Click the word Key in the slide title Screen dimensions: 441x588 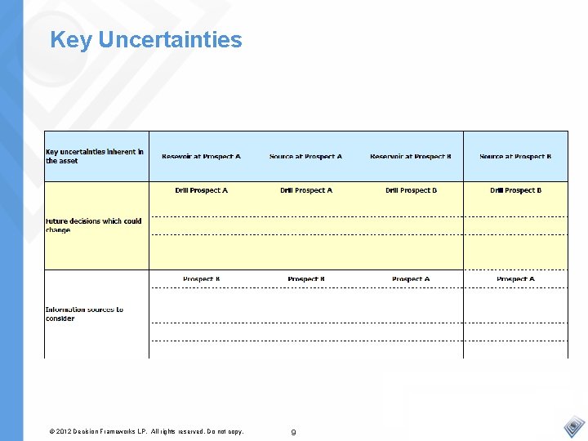(x=70, y=40)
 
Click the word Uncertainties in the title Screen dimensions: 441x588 (x=170, y=40)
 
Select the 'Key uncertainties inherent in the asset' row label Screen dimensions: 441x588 (x=95, y=156)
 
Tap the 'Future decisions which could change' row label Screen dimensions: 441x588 (x=93, y=225)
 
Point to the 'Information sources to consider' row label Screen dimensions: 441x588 (x=84, y=314)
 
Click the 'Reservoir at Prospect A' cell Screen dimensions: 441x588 (x=201, y=157)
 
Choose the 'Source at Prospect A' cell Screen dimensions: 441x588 (x=305, y=157)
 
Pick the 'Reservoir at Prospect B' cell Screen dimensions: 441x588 (x=411, y=157)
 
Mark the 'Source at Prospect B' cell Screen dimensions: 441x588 (x=515, y=157)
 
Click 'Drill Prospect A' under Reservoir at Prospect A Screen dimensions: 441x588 (x=201, y=190)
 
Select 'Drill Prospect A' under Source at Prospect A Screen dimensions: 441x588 (x=305, y=190)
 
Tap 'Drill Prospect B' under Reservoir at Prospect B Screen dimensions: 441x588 (x=411, y=190)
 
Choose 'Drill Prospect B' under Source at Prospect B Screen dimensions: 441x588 (x=515, y=190)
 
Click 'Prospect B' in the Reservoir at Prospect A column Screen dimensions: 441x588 (x=201, y=279)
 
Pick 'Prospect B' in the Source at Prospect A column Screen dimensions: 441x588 (x=305, y=279)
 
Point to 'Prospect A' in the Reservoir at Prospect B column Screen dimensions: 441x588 (x=411, y=279)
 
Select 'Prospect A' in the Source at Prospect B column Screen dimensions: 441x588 (x=515, y=279)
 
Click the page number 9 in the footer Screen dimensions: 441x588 (x=293, y=432)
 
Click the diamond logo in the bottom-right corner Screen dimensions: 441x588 (x=574, y=426)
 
